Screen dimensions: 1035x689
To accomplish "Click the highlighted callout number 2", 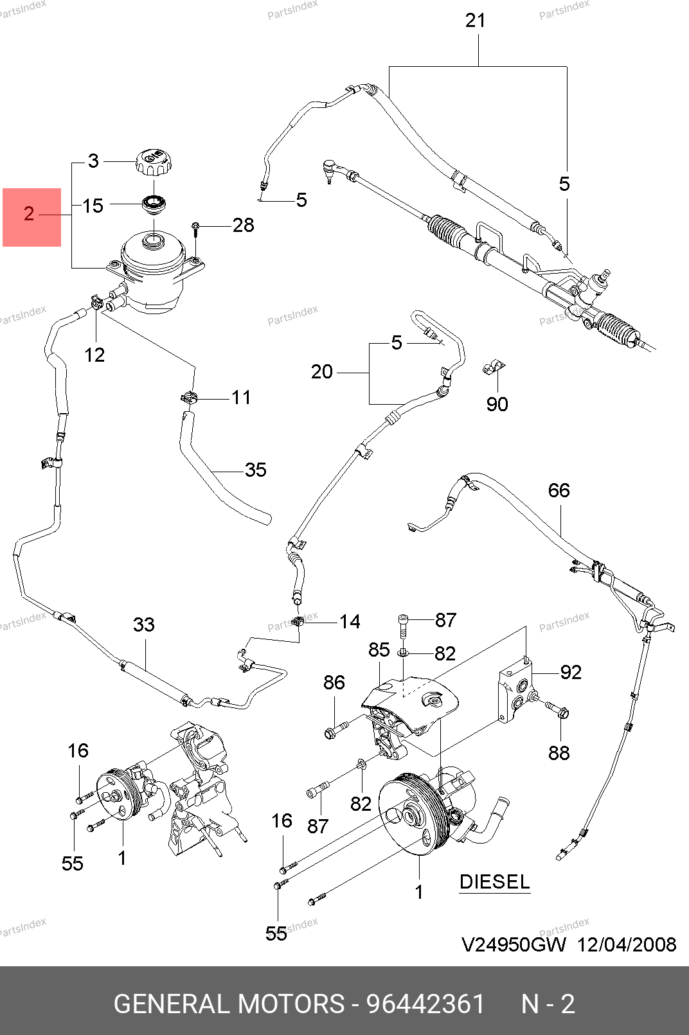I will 29,214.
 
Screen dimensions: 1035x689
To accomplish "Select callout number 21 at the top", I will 476,21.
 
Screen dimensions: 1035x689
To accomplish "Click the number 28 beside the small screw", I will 243,226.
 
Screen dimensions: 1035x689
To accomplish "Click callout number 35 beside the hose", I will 255,470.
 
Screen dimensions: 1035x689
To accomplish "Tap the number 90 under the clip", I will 497,404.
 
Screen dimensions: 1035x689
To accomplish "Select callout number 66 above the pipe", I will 559,491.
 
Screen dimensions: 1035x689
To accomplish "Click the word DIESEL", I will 494,881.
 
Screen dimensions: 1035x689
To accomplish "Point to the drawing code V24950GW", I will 514,944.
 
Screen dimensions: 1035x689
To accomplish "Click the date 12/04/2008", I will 627,944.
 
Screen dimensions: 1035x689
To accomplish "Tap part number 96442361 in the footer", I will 425,1004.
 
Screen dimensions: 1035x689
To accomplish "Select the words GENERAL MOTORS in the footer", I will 229,1004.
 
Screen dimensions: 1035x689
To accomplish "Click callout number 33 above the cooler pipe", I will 144,624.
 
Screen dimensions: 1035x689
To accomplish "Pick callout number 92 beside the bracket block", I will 571,672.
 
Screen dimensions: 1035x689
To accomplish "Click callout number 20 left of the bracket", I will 322,372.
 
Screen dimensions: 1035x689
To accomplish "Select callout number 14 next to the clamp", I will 350,621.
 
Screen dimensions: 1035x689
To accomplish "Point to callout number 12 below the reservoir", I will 94,355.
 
